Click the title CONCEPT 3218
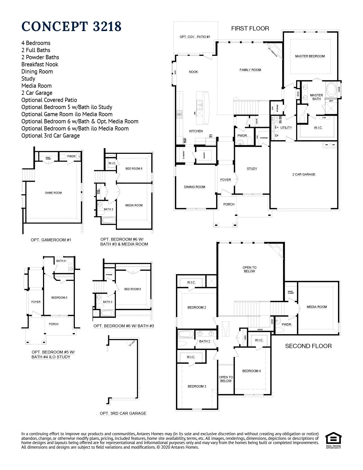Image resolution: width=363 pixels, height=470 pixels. pyautogui.click(x=71, y=26)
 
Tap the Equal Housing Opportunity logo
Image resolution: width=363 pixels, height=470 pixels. pyautogui.click(x=333, y=440)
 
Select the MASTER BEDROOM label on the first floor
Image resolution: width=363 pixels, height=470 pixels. pyautogui.click(x=310, y=56)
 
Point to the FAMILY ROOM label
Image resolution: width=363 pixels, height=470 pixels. pyautogui.click(x=250, y=70)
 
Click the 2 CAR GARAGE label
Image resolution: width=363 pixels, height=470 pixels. pyautogui.click(x=304, y=174)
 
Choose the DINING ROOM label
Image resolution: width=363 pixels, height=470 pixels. pyautogui.click(x=194, y=187)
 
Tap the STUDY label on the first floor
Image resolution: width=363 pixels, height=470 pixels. pyautogui.click(x=252, y=169)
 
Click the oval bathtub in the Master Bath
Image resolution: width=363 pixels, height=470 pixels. pyautogui.click(x=331, y=89)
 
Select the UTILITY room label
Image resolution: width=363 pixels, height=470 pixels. pyautogui.click(x=286, y=128)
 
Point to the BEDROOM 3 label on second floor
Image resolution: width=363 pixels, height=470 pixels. pyautogui.click(x=197, y=386)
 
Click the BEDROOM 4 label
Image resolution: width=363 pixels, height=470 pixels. pyautogui.click(x=251, y=371)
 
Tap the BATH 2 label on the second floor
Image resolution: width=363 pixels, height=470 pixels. pyautogui.click(x=204, y=341)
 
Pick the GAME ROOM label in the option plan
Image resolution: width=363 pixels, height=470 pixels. pyautogui.click(x=53, y=193)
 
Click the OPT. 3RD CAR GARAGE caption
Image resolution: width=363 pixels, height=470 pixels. pyautogui.click(x=123, y=413)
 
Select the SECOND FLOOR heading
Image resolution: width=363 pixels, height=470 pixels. pyautogui.click(x=308, y=346)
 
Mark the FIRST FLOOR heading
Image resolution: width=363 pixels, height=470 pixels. pyautogui.click(x=250, y=28)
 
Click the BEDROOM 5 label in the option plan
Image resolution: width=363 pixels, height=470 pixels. pyautogui.click(x=59, y=298)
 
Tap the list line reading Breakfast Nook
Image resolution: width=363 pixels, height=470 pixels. pyautogui.click(x=40, y=64)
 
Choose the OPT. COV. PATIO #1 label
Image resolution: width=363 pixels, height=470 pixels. pyautogui.click(x=195, y=37)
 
